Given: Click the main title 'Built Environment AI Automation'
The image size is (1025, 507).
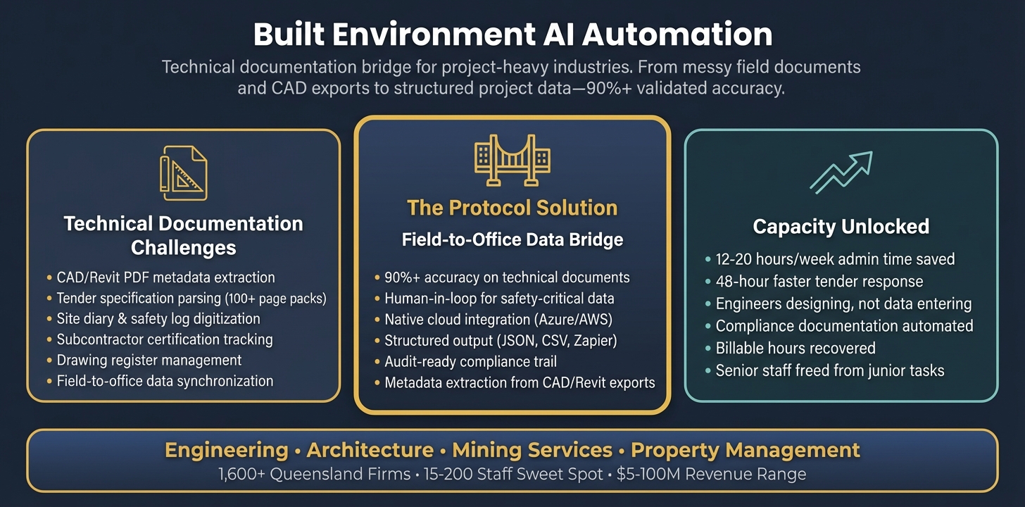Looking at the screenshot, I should [512, 35].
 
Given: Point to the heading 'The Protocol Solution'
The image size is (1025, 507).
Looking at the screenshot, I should [512, 208].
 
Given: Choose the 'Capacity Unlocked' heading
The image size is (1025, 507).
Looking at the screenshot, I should [841, 227].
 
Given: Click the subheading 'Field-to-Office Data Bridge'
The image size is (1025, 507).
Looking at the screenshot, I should [512, 240].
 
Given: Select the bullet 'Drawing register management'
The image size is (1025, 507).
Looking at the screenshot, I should [149, 361].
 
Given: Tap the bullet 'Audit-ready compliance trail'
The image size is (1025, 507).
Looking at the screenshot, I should [470, 362].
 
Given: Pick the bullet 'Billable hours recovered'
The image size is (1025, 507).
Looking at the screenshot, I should [796, 348].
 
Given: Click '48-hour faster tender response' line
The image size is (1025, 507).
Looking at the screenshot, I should [819, 282].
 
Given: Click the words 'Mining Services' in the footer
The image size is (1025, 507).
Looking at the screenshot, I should [532, 451].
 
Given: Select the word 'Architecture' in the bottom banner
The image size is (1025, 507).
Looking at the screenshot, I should [370, 451].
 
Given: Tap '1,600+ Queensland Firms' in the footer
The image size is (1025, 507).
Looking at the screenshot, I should [315, 475].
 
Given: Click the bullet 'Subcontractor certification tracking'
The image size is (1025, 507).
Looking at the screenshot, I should [165, 339].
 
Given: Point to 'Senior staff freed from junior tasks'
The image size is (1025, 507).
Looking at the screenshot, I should [830, 370].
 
